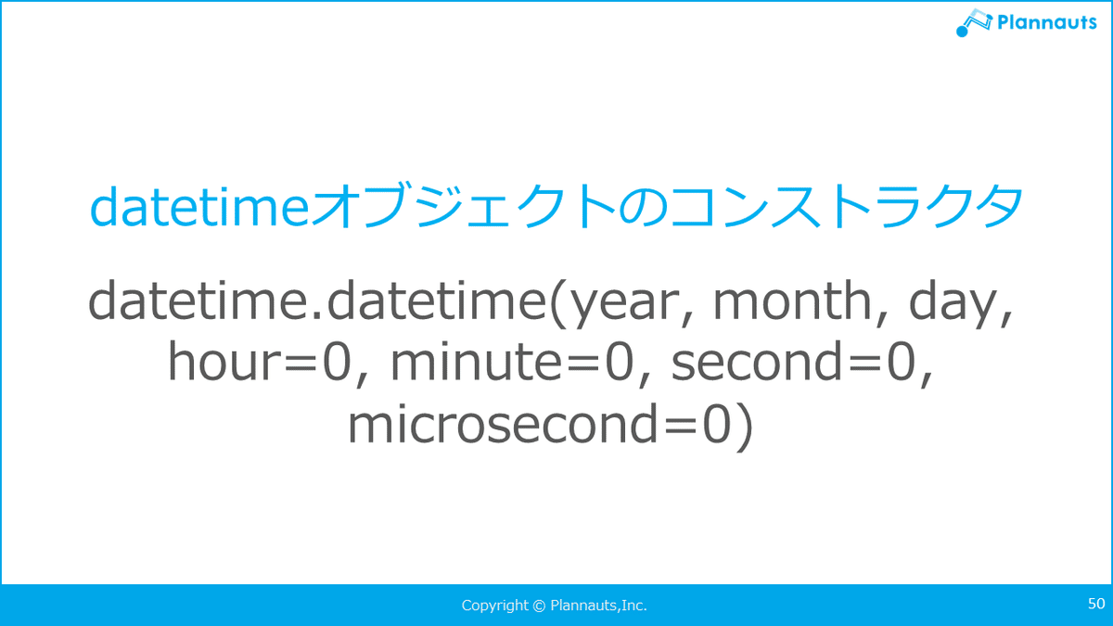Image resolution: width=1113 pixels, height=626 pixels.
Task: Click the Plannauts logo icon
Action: coord(974,22)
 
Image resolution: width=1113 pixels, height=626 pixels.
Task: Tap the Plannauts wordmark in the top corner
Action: coord(1047,22)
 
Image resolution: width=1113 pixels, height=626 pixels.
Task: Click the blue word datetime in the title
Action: coord(199,207)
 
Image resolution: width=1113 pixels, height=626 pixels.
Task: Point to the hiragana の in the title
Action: coord(643,207)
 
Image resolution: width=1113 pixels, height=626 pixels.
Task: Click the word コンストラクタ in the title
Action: coord(846,206)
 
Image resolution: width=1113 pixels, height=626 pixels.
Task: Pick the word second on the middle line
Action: coord(757,361)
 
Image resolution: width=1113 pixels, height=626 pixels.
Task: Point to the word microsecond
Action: coord(504,423)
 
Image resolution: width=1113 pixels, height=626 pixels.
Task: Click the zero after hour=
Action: coord(337,362)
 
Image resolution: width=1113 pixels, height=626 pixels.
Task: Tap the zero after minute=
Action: coord(620,362)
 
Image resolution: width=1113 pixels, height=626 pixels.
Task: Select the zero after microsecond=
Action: coord(717,424)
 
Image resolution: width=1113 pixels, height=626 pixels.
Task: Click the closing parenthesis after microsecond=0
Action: coord(743,427)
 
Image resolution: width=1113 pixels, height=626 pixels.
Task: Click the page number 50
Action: coord(1096,604)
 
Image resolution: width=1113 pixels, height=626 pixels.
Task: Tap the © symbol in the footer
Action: coord(539,606)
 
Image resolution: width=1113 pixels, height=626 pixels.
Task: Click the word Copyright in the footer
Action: coord(494,607)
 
